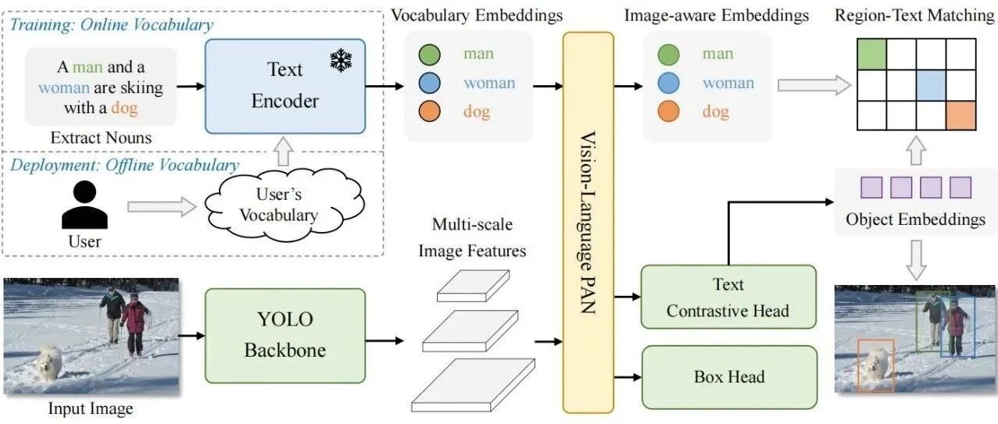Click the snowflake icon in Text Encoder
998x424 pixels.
pyautogui.click(x=342, y=61)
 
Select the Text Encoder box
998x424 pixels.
pyautogui.click(x=285, y=86)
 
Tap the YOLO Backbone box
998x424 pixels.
pyautogui.click(x=285, y=335)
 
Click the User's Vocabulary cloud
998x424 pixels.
pyautogui.click(x=284, y=205)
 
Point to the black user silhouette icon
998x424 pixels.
pyautogui.click(x=84, y=205)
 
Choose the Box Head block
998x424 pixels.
pyautogui.click(x=729, y=377)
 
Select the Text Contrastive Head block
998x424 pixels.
pyautogui.click(x=728, y=297)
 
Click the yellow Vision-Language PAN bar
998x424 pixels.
pyautogui.click(x=588, y=223)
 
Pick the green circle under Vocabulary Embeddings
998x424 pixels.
pyautogui.click(x=430, y=55)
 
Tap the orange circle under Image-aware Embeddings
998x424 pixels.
pyautogui.click(x=668, y=112)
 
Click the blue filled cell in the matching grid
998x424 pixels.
pyautogui.click(x=931, y=85)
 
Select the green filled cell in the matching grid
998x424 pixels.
pyautogui.click(x=872, y=54)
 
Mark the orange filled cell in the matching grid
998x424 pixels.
pyautogui.click(x=961, y=116)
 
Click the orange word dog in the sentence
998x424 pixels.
pyautogui.click(x=124, y=108)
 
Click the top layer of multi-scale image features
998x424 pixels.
pyautogui.click(x=473, y=286)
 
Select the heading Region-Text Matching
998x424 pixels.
pyautogui.click(x=914, y=16)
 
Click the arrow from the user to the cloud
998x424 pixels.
pyautogui.click(x=162, y=207)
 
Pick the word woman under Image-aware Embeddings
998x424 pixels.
pyautogui.click(x=728, y=83)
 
